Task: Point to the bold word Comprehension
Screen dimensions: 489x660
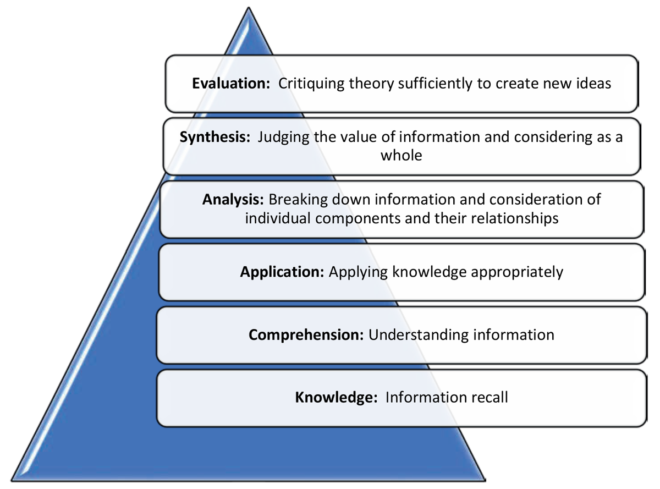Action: point(306,334)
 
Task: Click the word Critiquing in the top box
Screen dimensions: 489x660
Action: point(312,84)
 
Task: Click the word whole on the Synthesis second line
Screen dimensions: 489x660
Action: point(401,155)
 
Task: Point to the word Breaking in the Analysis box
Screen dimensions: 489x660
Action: point(296,199)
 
